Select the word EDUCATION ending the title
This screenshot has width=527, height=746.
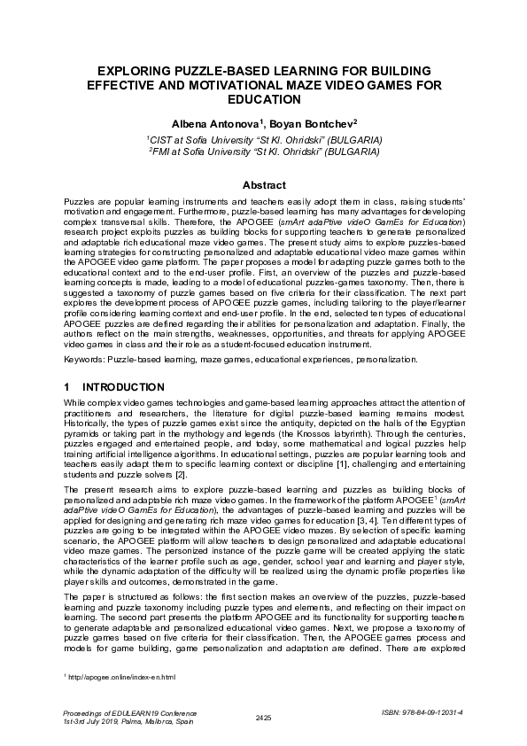click(263, 100)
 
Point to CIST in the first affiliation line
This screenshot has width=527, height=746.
click(163, 140)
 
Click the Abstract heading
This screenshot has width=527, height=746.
click(263, 185)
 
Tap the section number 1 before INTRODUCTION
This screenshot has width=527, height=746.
click(68, 388)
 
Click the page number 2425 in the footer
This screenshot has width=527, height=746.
click(263, 716)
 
